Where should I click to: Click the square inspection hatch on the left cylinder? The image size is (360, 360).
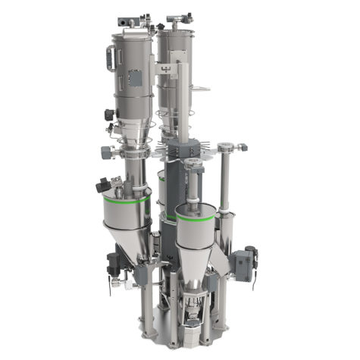point(136,78)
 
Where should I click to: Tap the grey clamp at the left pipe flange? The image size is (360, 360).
point(105,151)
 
